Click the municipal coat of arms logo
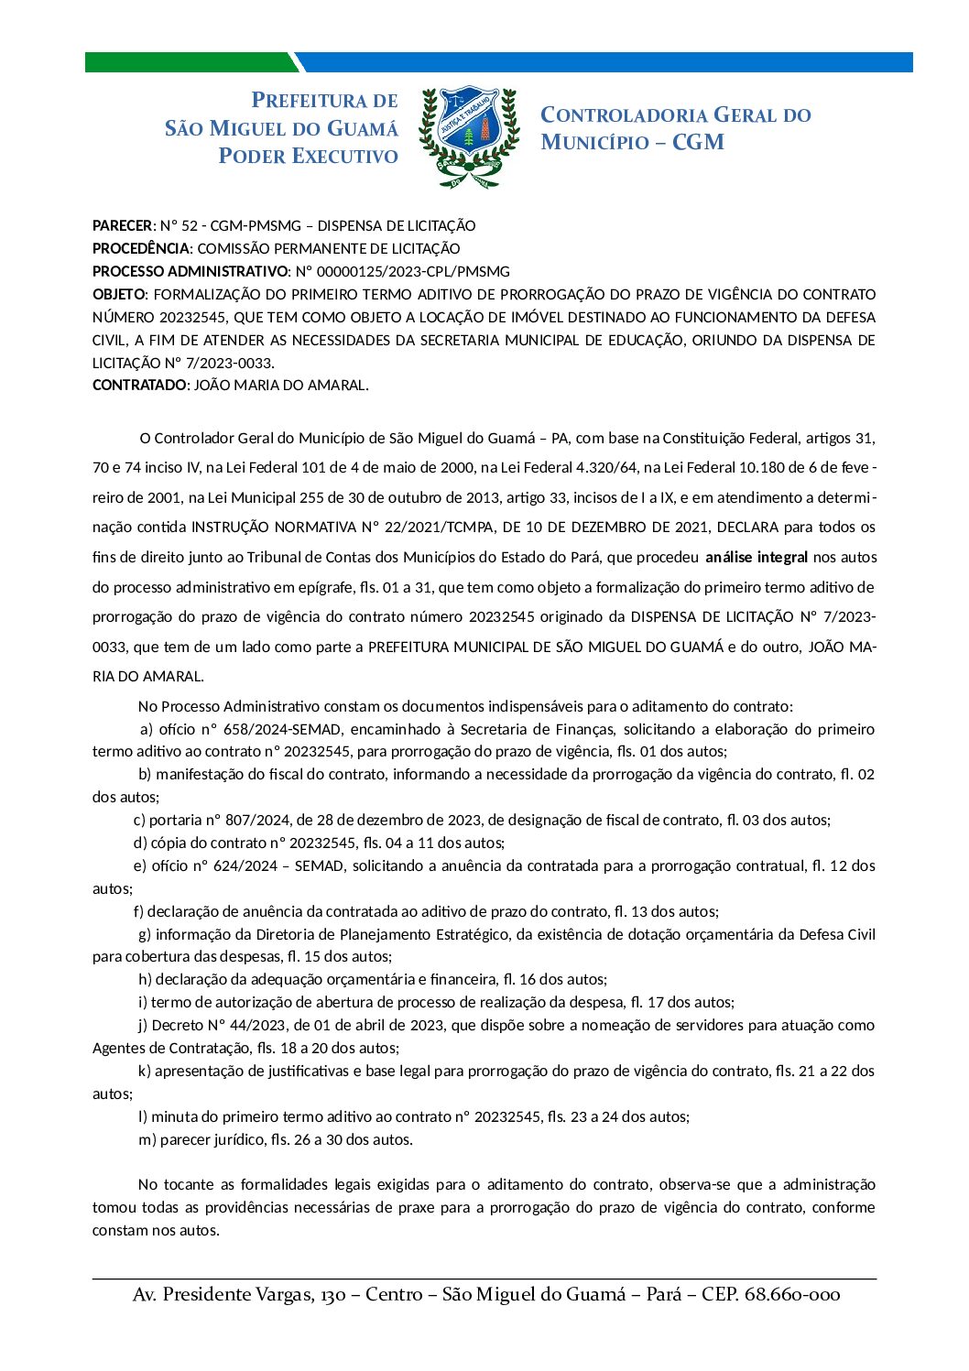pos(468,137)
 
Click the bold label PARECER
pos(122,225)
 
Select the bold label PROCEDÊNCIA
pos(141,248)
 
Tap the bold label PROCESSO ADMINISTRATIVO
pos(190,271)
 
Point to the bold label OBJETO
pos(118,294)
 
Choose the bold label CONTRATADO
pos(139,385)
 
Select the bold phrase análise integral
pos(757,557)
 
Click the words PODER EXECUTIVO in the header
pos(308,157)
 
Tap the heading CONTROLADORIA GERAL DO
pos(675,115)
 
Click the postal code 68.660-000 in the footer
pos(792,1294)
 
